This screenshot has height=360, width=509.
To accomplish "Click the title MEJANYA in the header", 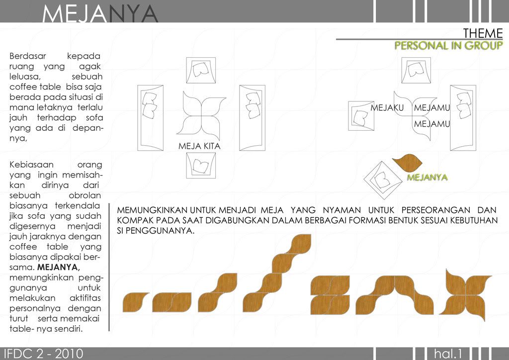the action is coord(100,13).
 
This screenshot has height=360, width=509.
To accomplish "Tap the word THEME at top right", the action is coord(483,33).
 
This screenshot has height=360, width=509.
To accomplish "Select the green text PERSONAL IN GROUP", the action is coord(449,45).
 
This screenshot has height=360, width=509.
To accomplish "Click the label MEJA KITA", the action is coord(199,146).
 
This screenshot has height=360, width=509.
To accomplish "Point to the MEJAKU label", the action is coord(387,107).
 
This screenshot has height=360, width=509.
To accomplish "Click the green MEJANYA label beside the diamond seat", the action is coord(427,177).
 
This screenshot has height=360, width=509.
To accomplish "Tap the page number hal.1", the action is coord(448,354).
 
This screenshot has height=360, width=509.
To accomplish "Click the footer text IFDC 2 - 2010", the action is coord(44,354).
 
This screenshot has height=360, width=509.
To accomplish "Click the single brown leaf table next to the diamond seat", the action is coord(407,163).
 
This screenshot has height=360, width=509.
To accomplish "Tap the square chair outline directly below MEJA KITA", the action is coord(201,166).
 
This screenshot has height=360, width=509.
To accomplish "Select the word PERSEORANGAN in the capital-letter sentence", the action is coord(435,210).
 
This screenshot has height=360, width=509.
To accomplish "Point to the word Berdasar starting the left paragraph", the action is coord(28,56).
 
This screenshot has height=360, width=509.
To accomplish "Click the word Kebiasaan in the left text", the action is coord(31,165).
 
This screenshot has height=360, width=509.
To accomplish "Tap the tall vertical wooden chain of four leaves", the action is coord(277,273).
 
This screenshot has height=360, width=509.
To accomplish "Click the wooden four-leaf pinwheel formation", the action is coord(465,295).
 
